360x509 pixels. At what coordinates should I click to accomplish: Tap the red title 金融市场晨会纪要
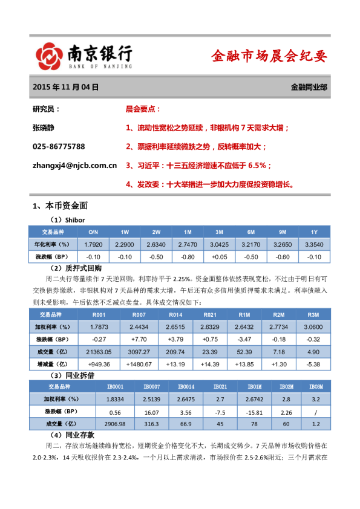[x=269, y=56]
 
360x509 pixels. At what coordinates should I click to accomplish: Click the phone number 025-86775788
[x=59, y=146]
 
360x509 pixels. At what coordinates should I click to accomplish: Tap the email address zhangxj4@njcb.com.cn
[x=74, y=164]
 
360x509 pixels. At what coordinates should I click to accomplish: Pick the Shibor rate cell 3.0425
[x=219, y=244]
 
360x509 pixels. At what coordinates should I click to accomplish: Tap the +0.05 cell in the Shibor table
[x=219, y=256]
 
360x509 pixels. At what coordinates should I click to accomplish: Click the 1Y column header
[x=313, y=232]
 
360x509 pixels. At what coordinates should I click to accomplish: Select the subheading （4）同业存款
[x=73, y=435]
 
